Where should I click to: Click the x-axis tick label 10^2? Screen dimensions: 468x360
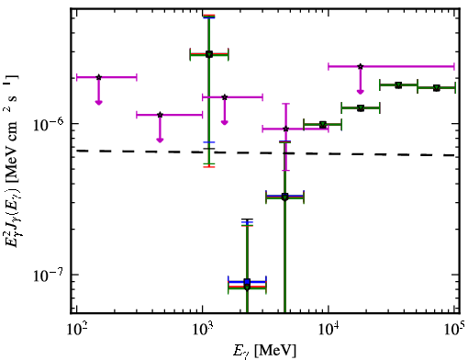point(77,329)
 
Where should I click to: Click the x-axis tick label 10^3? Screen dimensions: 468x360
point(202,329)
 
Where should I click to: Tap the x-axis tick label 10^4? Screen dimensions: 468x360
point(329,329)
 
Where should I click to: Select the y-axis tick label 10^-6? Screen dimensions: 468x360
point(49,123)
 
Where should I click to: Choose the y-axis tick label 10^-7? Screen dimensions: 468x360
point(49,275)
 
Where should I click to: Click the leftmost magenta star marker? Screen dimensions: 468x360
point(98,77)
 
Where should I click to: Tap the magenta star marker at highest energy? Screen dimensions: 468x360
point(361,66)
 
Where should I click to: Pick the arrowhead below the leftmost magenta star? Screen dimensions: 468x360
point(98,103)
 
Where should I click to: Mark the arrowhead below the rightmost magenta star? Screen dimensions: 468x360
point(361,92)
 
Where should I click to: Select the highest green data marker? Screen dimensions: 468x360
point(209,54)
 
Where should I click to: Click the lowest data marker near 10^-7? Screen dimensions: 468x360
point(247,287)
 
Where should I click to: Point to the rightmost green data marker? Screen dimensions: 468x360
point(437,88)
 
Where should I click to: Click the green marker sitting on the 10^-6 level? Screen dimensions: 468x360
point(322,125)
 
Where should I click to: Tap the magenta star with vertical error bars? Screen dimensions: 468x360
point(285,129)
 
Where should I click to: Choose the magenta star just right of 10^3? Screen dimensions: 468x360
point(225,97)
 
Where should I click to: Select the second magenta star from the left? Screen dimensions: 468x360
point(160,115)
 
